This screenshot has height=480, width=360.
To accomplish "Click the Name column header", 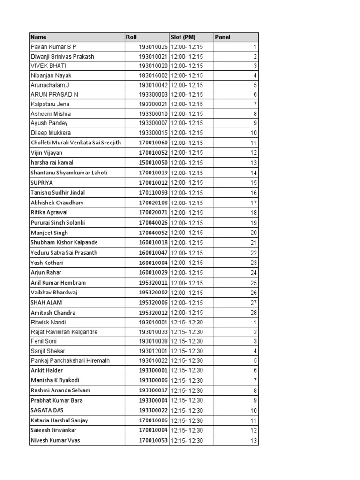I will (x=38, y=37).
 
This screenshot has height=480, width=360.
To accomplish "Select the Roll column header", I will (x=131, y=37).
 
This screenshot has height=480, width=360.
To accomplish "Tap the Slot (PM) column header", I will (x=183, y=37).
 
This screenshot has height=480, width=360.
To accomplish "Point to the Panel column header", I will (x=222, y=37).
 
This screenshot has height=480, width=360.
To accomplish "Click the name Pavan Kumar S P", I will (x=53, y=47).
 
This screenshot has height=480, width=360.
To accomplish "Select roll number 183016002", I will (x=153, y=75).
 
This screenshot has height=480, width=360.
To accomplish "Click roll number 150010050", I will (x=153, y=163).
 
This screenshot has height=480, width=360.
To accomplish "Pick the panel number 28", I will (x=254, y=313).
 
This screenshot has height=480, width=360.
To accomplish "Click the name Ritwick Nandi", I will (x=48, y=322).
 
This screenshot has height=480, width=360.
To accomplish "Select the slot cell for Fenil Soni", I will (x=187, y=341).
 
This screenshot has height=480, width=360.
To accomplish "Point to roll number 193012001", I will (x=153, y=351).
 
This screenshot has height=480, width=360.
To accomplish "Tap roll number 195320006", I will (x=153, y=303).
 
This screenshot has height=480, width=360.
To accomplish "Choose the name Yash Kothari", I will (x=46, y=262).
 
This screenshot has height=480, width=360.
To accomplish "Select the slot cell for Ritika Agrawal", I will (x=187, y=212).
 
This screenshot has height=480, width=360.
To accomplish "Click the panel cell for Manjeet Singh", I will (x=254, y=232).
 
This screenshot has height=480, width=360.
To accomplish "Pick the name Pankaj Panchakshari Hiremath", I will (x=71, y=361).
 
